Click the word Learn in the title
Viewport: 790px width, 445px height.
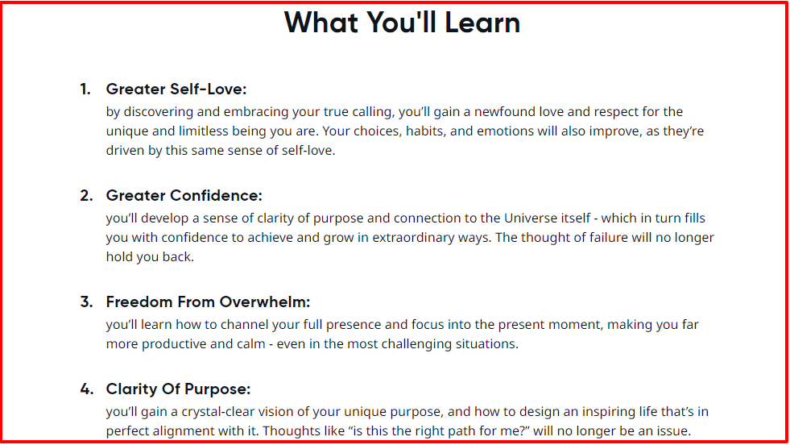pos(482,23)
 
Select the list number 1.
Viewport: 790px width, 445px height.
pos(85,89)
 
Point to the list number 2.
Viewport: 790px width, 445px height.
pos(86,196)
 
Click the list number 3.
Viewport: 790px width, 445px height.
pos(86,302)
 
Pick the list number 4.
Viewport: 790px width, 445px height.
pos(87,389)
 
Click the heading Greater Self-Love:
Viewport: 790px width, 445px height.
pos(176,89)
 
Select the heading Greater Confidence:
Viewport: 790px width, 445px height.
pos(184,196)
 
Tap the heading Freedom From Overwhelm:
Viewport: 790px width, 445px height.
pos(208,302)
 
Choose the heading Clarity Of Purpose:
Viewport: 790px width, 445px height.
pos(178,389)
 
